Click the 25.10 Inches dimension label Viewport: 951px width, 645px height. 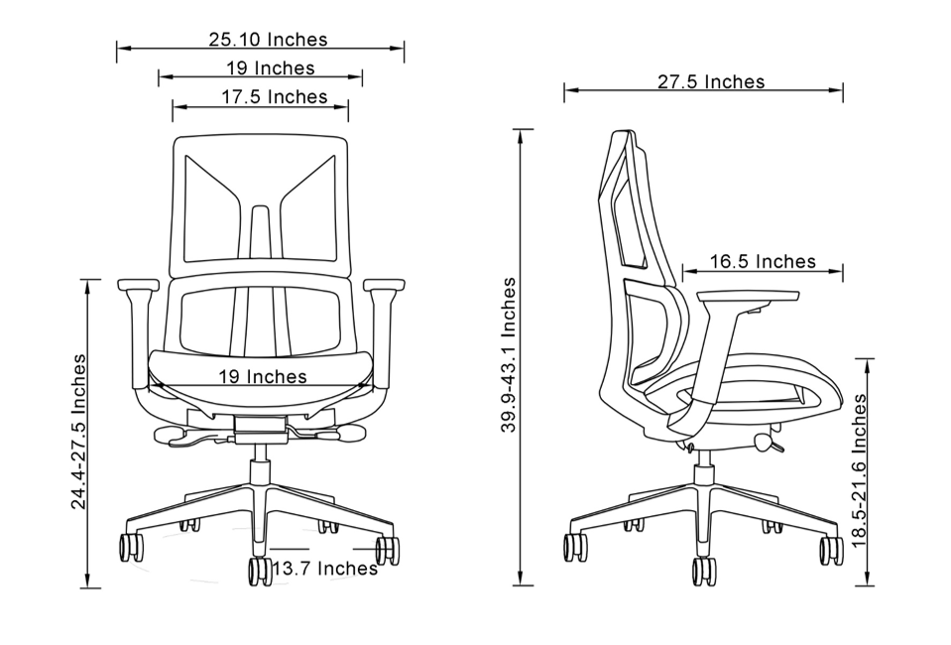click(x=268, y=40)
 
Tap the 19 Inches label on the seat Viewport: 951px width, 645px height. click(x=262, y=376)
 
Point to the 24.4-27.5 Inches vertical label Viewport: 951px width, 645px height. click(x=77, y=432)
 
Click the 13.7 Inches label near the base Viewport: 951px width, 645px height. click(x=325, y=569)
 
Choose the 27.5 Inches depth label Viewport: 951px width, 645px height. click(x=711, y=81)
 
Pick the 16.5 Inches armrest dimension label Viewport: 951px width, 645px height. click(x=763, y=261)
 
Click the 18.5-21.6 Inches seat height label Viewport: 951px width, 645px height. click(x=859, y=471)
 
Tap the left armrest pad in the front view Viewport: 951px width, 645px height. click(x=138, y=285)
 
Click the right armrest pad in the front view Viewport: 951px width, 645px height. click(x=384, y=285)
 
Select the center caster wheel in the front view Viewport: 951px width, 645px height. click(x=260, y=571)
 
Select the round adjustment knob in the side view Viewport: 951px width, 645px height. click(x=764, y=443)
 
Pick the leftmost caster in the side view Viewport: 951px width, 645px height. click(x=574, y=547)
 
